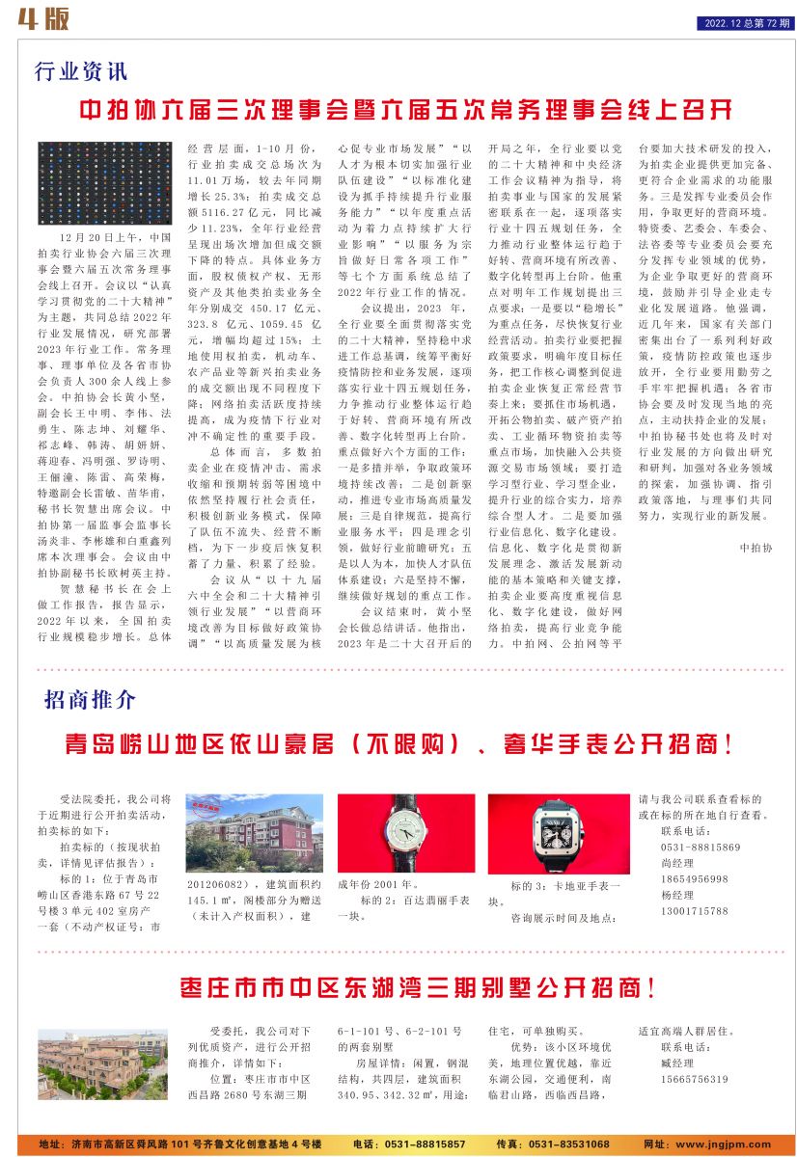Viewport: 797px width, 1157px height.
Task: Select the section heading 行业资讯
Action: tap(81, 72)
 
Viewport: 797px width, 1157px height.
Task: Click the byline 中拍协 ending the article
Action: tap(756, 548)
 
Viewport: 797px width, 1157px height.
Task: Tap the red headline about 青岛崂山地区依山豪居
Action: tap(398, 744)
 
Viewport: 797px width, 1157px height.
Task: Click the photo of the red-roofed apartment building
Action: tap(255, 832)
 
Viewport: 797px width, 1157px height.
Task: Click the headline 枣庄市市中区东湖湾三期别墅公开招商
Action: tap(419, 988)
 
